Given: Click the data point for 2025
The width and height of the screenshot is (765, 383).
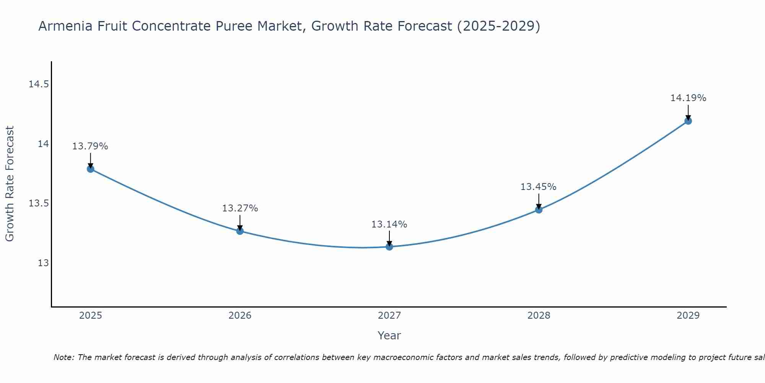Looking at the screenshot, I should [91, 169].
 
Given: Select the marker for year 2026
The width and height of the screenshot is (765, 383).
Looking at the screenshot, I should [240, 231].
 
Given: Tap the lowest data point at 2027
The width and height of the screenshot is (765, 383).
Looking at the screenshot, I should [389, 247].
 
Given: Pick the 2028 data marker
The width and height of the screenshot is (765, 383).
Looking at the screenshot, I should [539, 210].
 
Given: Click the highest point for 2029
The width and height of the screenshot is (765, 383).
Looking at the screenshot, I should [688, 121].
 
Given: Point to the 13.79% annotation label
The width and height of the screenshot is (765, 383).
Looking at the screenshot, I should [90, 146].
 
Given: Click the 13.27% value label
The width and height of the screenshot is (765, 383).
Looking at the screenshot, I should [240, 208].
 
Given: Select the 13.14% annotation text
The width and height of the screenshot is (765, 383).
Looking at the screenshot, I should [389, 224].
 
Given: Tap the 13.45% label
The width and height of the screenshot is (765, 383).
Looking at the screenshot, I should [538, 187].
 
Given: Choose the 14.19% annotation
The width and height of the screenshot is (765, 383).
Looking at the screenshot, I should [688, 98].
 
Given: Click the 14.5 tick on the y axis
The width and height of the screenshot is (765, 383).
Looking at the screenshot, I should [39, 84].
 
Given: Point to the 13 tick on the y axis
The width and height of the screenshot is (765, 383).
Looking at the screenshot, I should [43, 263].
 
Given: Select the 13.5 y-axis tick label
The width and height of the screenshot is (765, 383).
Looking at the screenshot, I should [39, 203].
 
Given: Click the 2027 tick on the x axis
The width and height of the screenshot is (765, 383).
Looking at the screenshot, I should [389, 316].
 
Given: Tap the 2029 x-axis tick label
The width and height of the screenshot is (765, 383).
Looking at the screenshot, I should [688, 316].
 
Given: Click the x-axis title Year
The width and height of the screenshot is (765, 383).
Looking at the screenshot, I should [389, 336].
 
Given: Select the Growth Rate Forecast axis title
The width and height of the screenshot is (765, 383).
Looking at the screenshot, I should [10, 184].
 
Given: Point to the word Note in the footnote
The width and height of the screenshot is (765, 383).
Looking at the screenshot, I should [63, 357].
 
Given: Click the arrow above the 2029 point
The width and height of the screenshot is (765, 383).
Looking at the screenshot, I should [688, 112].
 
